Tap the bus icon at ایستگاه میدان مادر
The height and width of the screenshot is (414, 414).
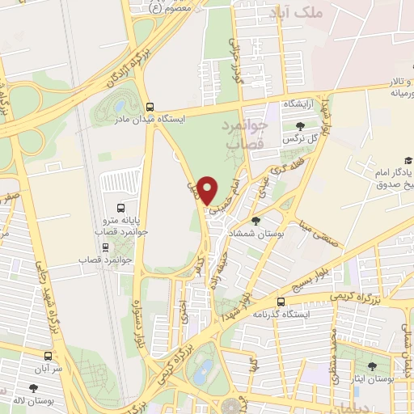coord(150,106)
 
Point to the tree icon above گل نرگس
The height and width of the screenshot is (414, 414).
coord(301,125)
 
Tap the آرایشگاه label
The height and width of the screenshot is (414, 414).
coord(298,106)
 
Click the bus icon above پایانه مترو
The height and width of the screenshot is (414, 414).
coord(120,206)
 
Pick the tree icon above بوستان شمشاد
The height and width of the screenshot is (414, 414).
coord(256,221)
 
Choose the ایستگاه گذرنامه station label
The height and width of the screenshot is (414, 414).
coord(280,314)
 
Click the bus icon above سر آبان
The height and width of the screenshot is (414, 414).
coord(49,355)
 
